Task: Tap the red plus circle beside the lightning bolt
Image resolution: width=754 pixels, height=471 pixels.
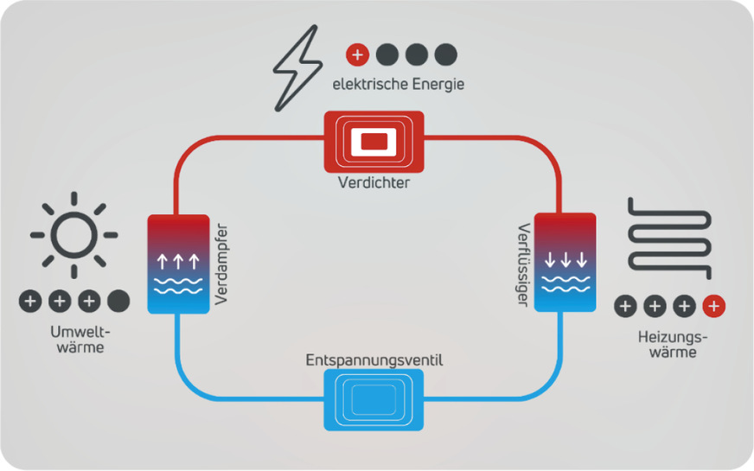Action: click(357, 55)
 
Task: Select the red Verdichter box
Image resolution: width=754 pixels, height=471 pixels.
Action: click(374, 141)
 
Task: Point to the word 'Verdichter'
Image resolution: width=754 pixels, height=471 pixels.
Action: click(374, 183)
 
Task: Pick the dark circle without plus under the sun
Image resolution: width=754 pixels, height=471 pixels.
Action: click(118, 302)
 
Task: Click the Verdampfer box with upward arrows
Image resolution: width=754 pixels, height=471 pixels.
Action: click(179, 264)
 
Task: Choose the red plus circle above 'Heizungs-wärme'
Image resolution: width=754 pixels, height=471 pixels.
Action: click(713, 306)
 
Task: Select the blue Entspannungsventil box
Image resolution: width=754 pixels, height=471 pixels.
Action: click(374, 400)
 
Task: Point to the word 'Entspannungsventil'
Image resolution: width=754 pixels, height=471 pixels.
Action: click(374, 360)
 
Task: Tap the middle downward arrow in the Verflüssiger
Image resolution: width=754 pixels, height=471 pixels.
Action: click(566, 259)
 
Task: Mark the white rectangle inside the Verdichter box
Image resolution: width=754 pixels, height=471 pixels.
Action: click(374, 140)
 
